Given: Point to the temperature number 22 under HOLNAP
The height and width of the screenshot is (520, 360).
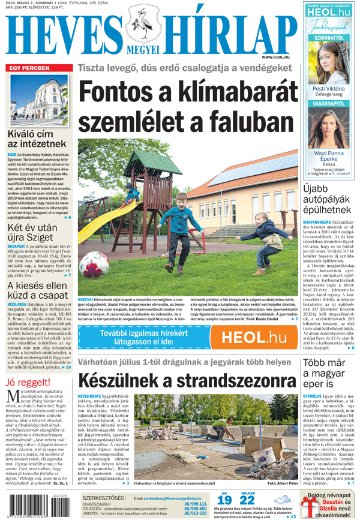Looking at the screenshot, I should pos(247,500).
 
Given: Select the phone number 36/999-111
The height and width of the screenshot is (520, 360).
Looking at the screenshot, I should pos(195,504).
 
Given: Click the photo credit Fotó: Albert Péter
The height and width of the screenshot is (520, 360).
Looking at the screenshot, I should pos(282,483).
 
